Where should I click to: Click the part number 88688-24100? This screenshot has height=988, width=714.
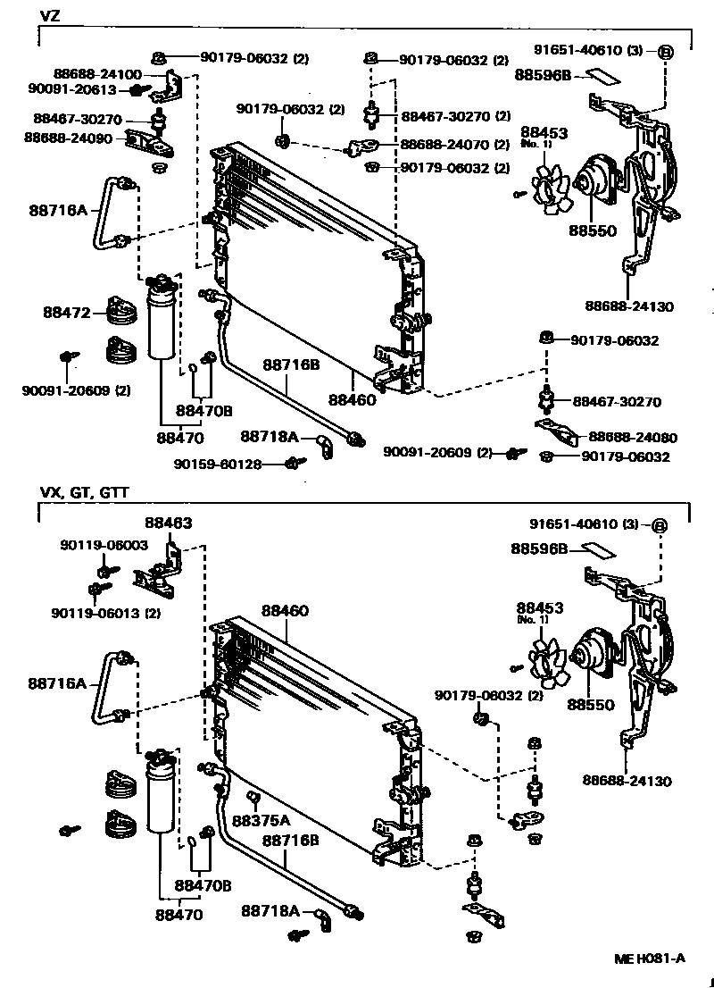click(85, 74)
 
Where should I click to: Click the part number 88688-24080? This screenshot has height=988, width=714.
click(633, 438)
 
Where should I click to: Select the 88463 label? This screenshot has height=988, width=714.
click(168, 523)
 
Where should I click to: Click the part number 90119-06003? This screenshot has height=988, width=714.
click(104, 545)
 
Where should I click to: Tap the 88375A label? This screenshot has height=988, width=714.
click(261, 820)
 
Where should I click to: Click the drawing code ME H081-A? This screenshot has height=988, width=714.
click(649, 959)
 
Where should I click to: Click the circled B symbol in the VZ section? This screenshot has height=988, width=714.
click(665, 51)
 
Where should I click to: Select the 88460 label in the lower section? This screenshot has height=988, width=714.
click(285, 611)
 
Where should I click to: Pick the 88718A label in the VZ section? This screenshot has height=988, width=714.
click(268, 437)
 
